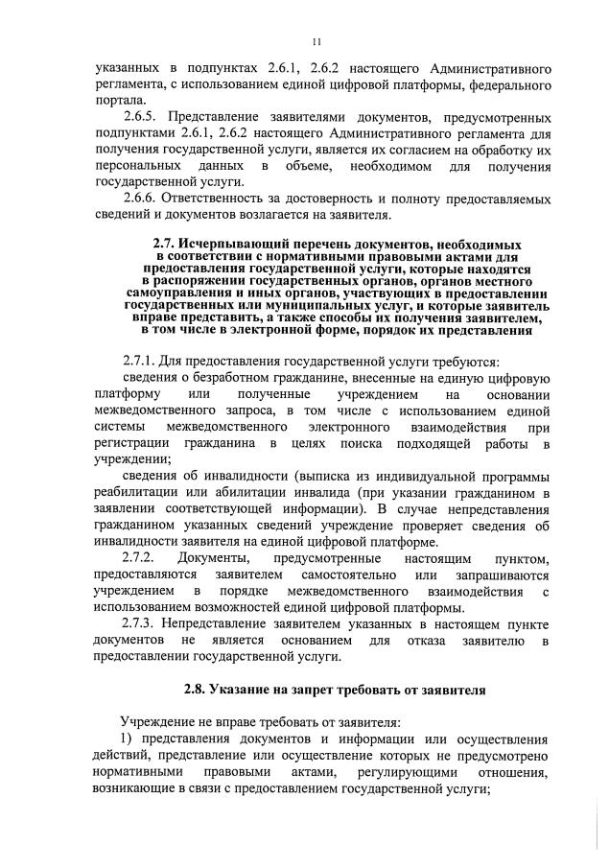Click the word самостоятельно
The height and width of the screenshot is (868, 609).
(x=349, y=575)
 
